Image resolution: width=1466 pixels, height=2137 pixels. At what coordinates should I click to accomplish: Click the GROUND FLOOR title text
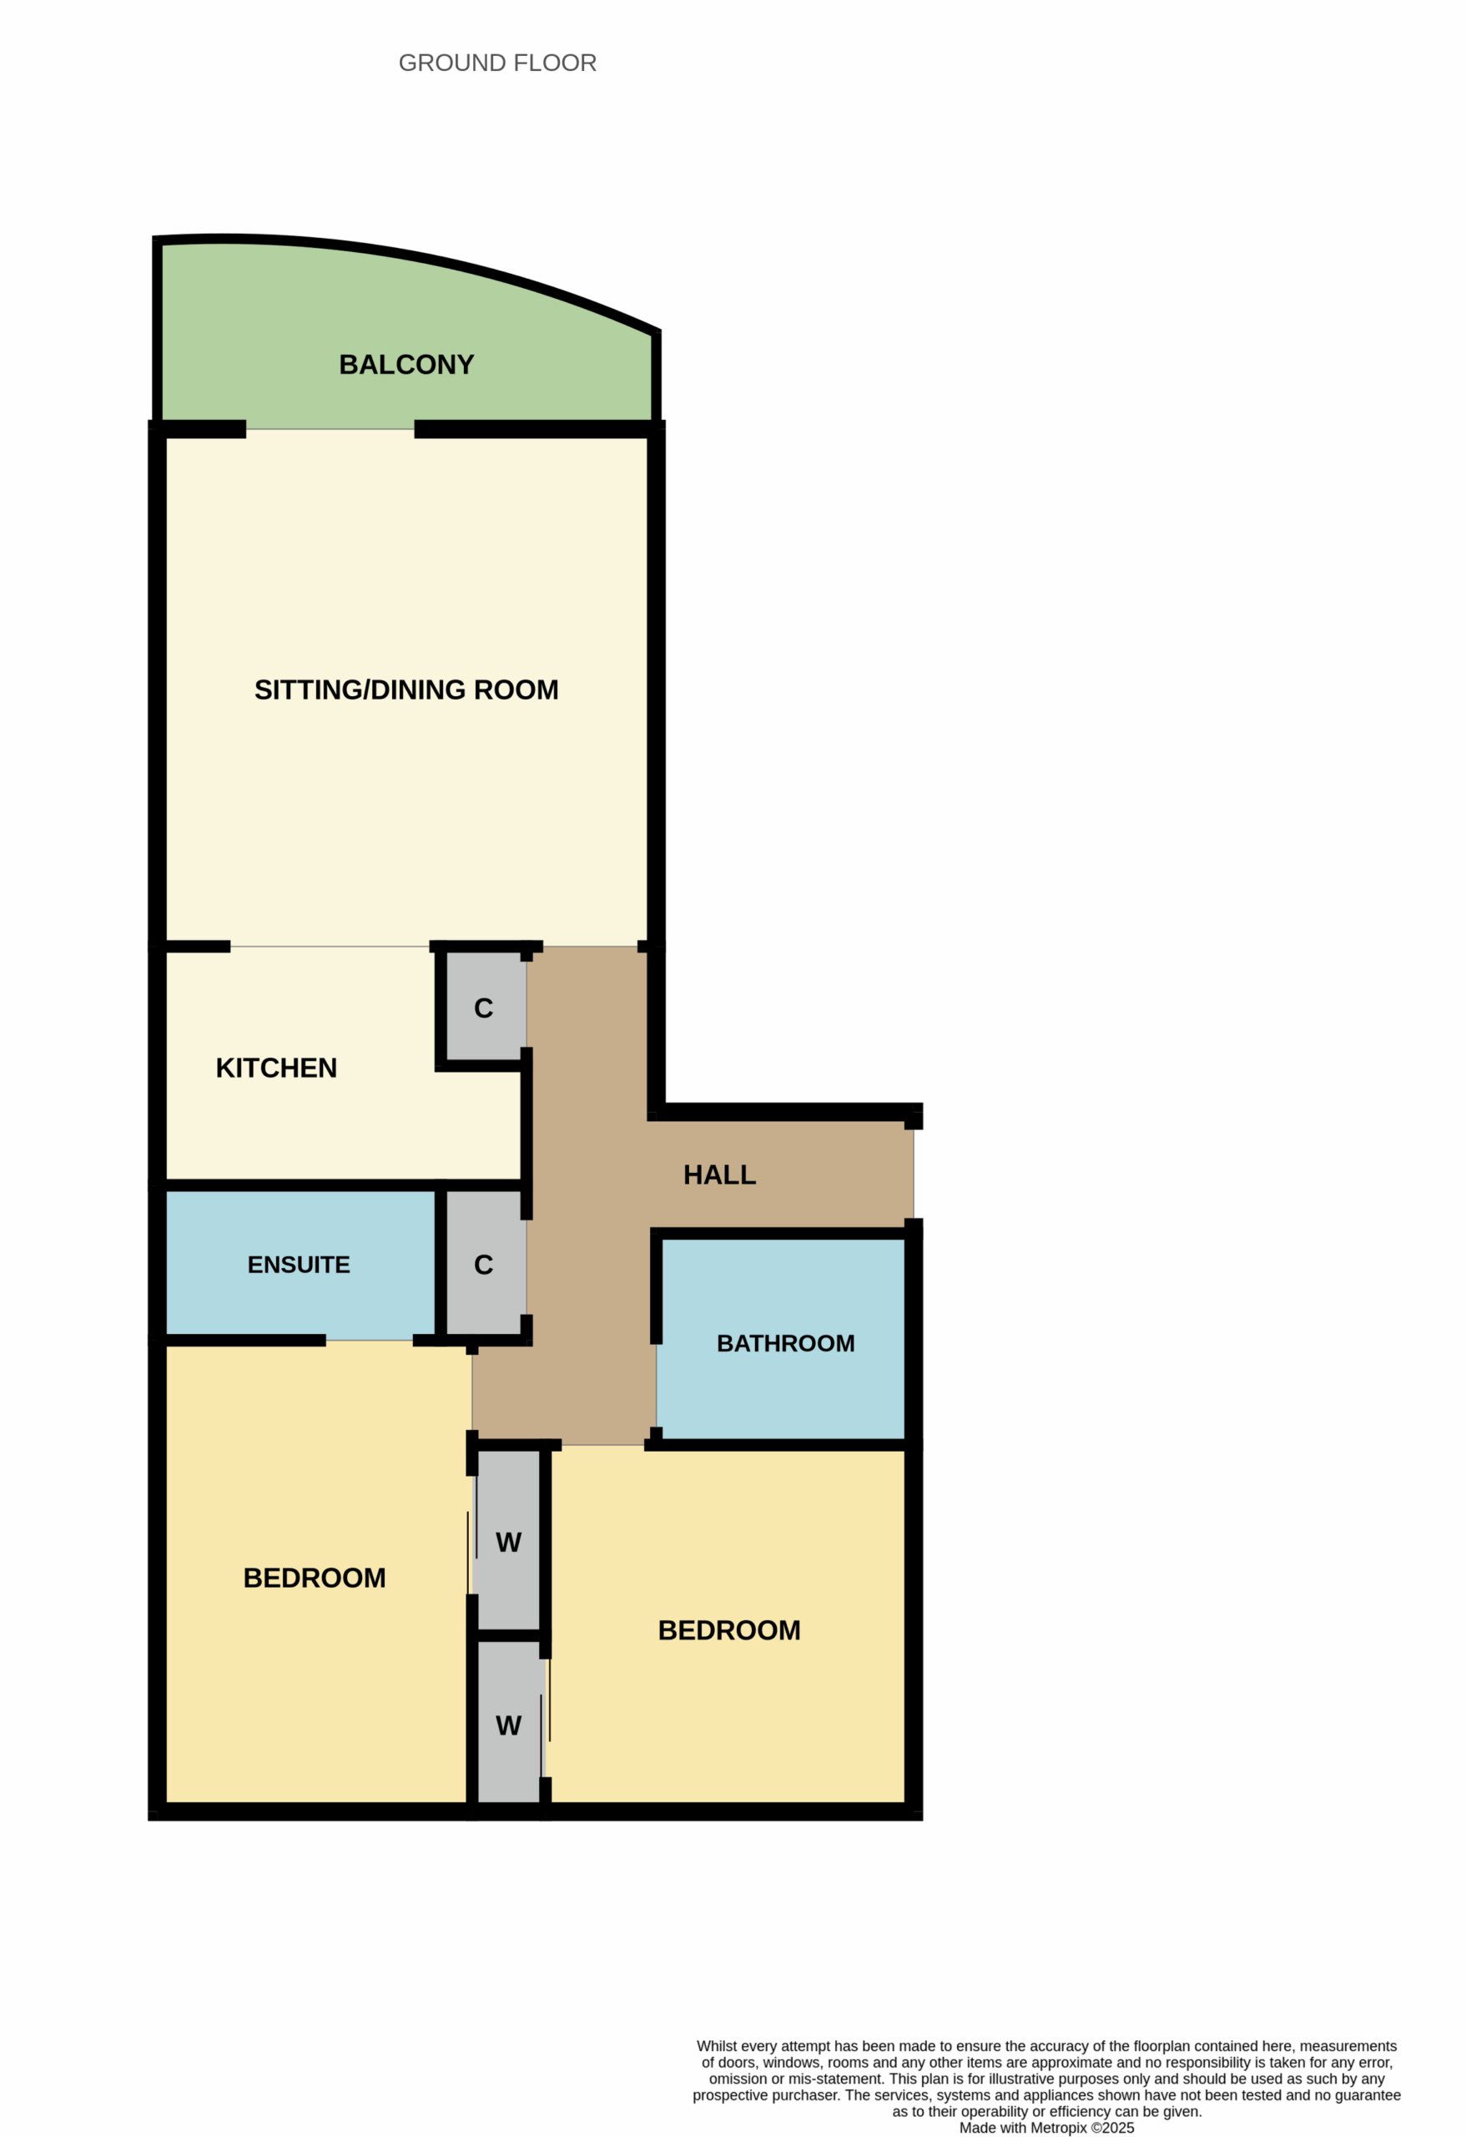497,63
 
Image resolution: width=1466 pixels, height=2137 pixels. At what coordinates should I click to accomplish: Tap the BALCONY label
406,365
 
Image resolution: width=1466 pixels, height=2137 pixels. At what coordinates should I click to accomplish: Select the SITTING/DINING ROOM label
406,690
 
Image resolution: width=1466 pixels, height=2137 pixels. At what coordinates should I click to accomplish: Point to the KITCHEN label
275,1068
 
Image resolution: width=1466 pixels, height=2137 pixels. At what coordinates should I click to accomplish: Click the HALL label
720,1175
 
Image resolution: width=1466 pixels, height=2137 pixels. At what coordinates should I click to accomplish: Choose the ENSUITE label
299,1265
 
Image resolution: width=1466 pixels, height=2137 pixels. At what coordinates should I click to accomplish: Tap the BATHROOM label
785,1343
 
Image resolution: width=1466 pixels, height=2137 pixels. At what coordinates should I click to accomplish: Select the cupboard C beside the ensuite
483,1266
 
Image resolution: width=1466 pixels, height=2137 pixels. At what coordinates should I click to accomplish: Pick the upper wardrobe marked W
508,1543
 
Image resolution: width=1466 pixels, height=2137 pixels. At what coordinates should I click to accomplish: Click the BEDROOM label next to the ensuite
315,1578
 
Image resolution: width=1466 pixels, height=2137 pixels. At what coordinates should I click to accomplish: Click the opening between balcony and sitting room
330,429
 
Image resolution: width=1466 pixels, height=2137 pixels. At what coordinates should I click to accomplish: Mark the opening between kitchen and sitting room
330,946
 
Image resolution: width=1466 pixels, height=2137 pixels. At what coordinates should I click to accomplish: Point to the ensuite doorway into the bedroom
370,1341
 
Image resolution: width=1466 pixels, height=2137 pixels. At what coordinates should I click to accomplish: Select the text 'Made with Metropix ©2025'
1047,2128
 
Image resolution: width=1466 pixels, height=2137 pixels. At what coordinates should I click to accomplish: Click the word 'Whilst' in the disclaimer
717,2046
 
